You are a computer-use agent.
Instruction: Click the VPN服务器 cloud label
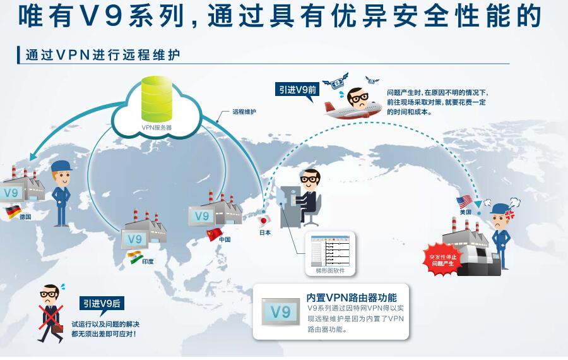click(157, 127)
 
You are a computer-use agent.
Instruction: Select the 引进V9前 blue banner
click(299, 90)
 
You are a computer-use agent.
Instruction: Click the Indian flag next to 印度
click(135, 257)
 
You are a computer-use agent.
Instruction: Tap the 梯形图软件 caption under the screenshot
click(329, 270)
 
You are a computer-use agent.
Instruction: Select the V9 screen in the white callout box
click(281, 311)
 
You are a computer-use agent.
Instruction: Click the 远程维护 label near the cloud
click(243, 111)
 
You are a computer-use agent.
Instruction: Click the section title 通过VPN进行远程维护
click(103, 55)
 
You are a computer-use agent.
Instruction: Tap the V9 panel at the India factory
click(134, 239)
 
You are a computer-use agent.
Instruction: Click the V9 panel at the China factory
click(201, 216)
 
